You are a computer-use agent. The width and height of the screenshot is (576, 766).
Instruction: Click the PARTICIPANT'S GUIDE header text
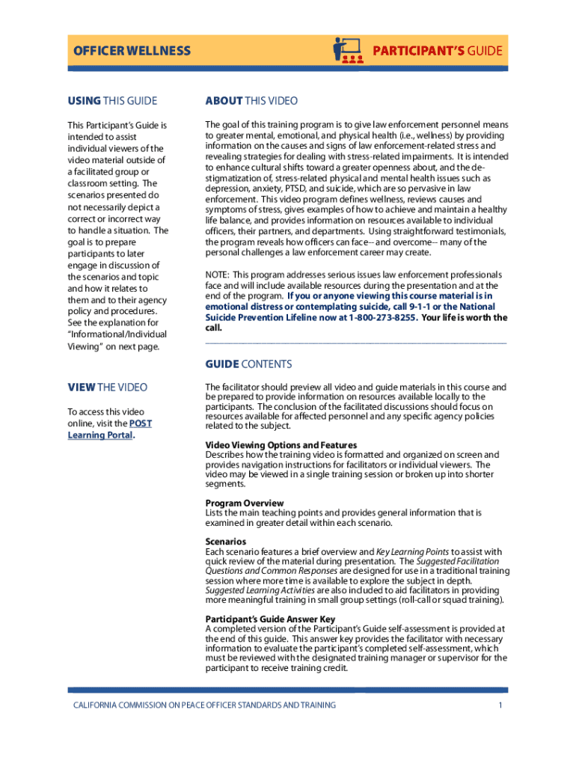click(438, 52)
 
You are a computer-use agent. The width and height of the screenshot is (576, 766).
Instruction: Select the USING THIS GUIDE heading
click(112, 101)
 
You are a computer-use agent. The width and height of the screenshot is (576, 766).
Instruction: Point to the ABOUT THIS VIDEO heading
click(251, 101)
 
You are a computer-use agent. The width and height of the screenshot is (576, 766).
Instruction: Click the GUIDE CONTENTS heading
click(248, 364)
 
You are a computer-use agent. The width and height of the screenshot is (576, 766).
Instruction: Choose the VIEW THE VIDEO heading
click(108, 387)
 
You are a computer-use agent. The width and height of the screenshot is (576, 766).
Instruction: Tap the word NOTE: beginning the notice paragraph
click(218, 275)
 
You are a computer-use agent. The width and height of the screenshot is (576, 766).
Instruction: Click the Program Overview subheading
click(245, 503)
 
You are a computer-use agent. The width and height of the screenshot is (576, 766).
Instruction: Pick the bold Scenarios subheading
click(225, 542)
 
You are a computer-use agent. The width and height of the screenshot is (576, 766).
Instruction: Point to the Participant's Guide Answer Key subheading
click(270, 619)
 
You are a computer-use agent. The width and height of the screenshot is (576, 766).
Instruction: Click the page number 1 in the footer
click(498, 705)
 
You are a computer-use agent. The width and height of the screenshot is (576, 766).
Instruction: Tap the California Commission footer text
click(203, 705)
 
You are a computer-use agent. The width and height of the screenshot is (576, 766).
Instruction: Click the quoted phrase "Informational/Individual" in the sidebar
click(117, 334)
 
